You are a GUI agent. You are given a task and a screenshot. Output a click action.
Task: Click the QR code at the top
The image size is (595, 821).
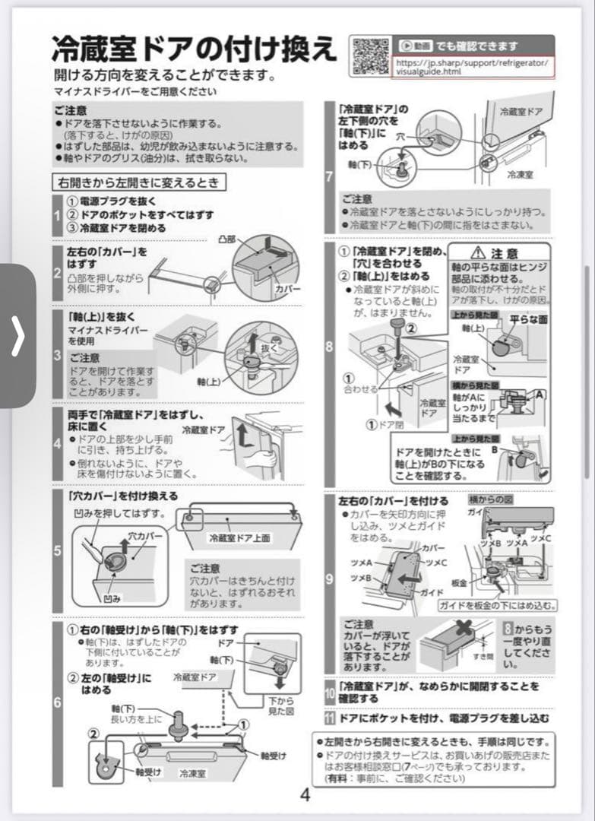point(369,55)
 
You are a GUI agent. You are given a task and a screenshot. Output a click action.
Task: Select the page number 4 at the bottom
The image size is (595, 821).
point(305,796)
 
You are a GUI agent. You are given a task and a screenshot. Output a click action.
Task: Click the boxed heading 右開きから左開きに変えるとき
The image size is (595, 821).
point(139,182)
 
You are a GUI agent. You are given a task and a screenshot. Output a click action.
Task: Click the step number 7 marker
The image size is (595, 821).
point(329,178)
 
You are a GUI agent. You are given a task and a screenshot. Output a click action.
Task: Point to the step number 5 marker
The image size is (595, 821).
point(57,551)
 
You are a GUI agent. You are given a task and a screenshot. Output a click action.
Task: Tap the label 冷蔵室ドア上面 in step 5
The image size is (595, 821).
point(239,537)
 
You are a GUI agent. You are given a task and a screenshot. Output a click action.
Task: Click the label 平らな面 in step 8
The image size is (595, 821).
point(528,319)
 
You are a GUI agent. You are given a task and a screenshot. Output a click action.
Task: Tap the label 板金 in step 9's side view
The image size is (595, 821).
point(458,582)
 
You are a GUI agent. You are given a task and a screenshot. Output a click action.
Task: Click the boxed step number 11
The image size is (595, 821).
point(330,718)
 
